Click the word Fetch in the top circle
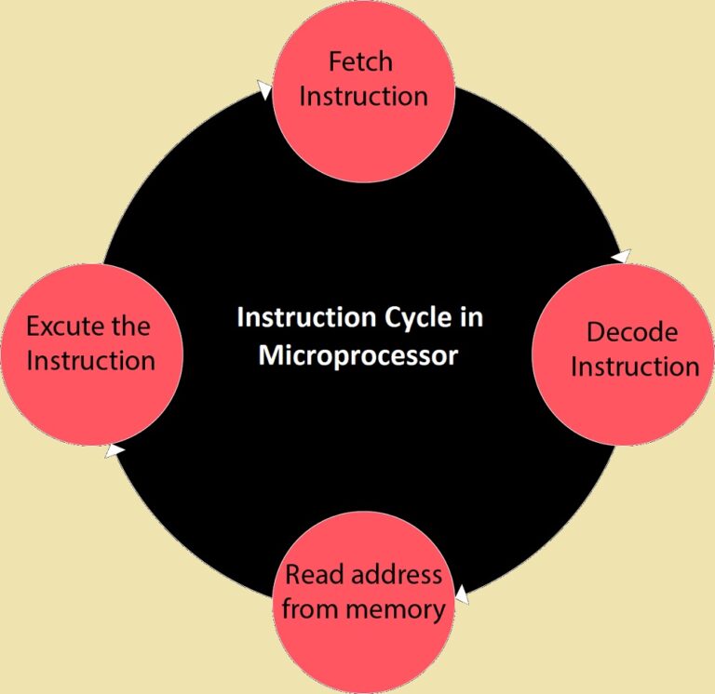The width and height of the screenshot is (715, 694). (x=362, y=62)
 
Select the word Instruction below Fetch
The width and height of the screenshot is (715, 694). (x=363, y=96)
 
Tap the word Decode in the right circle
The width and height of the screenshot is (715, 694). (x=632, y=332)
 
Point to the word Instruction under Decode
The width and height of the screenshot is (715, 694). (x=634, y=366)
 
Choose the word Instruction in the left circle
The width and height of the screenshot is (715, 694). (x=90, y=360)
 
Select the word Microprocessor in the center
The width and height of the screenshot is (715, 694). (x=357, y=354)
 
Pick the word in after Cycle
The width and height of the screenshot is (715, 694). (x=471, y=318)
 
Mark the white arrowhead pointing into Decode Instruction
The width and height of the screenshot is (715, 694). (x=622, y=255)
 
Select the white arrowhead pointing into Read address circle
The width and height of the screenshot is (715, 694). (x=461, y=594)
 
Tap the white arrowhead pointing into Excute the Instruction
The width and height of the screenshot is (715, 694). (x=114, y=450)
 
